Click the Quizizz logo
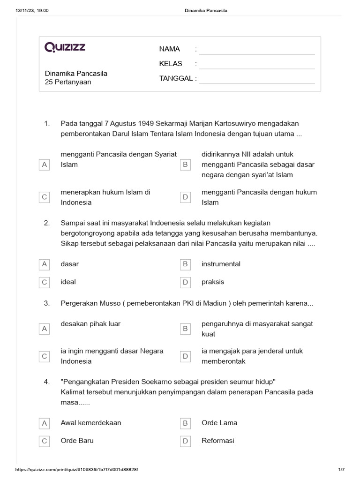point(65,47)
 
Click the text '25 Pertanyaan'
point(68,82)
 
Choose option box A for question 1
point(45,165)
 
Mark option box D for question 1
point(185,197)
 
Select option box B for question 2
point(185,264)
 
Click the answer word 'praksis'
point(213,282)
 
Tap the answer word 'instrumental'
point(221,264)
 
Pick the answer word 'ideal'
point(68,282)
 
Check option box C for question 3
point(45,356)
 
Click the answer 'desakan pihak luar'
point(90,324)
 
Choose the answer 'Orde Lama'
point(219,423)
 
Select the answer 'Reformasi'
point(218,441)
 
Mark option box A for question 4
point(45,423)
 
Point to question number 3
point(47,304)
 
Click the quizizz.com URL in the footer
point(77,470)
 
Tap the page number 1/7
point(341,470)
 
